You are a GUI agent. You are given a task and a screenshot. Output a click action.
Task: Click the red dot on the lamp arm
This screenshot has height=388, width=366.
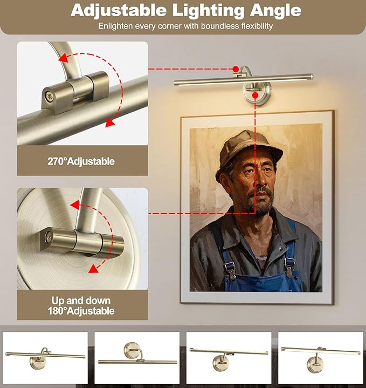(236, 69)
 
